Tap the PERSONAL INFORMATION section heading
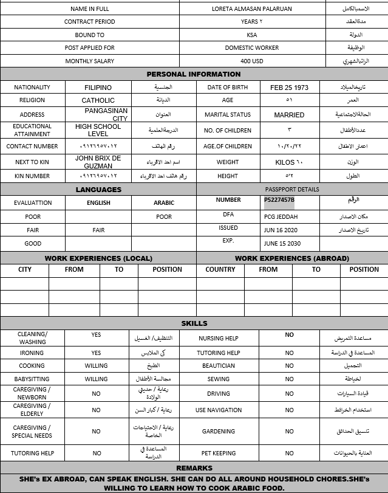(x=194, y=74)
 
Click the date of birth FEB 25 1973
(x=289, y=88)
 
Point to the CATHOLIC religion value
(x=98, y=100)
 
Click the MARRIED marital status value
(x=289, y=115)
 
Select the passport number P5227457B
(x=279, y=200)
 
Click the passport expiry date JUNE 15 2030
(x=282, y=243)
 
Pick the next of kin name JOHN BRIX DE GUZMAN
(x=98, y=162)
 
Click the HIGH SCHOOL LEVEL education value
(x=98, y=130)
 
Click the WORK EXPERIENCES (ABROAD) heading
(x=292, y=258)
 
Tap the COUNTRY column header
(x=220, y=269)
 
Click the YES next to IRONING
(x=96, y=353)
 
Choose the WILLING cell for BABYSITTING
(x=96, y=379)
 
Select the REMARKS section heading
(x=194, y=468)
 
